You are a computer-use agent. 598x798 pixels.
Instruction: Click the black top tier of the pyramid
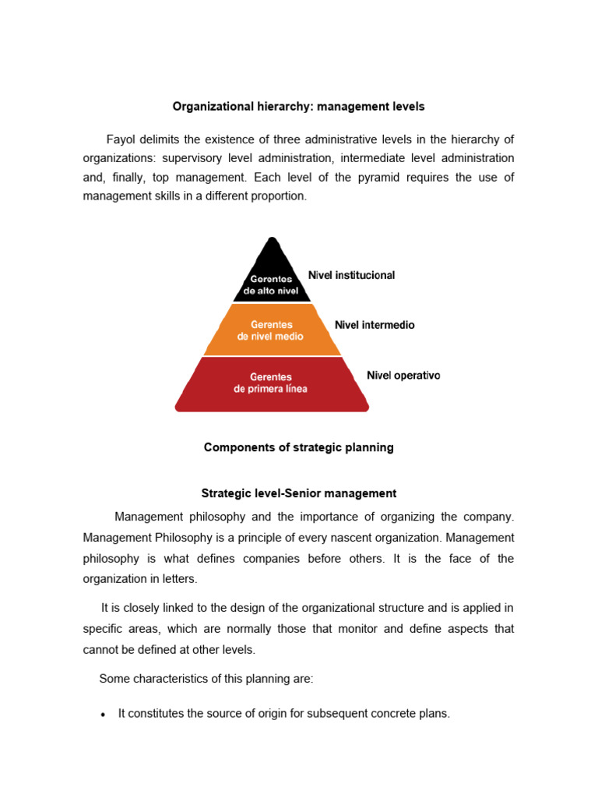pyautogui.click(x=272, y=273)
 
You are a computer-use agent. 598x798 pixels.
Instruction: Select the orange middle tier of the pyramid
pyautogui.click(x=272, y=330)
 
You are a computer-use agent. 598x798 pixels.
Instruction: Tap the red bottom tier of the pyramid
pyautogui.click(x=272, y=383)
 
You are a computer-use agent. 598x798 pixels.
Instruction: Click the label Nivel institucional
pyautogui.click(x=351, y=275)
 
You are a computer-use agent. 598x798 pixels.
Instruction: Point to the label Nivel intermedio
pyautogui.click(x=375, y=325)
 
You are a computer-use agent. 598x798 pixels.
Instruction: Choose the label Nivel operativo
pyautogui.click(x=403, y=376)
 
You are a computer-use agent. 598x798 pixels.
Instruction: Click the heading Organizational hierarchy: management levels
pyautogui.click(x=298, y=105)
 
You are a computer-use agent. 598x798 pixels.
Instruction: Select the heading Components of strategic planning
pyautogui.click(x=298, y=447)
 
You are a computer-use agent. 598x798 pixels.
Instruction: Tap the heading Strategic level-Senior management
pyautogui.click(x=298, y=493)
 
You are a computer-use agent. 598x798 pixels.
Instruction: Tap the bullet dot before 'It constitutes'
pyautogui.click(x=104, y=715)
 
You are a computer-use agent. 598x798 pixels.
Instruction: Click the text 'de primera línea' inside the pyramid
pyautogui.click(x=270, y=389)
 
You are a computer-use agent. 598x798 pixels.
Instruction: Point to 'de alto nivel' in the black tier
pyautogui.click(x=271, y=290)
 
